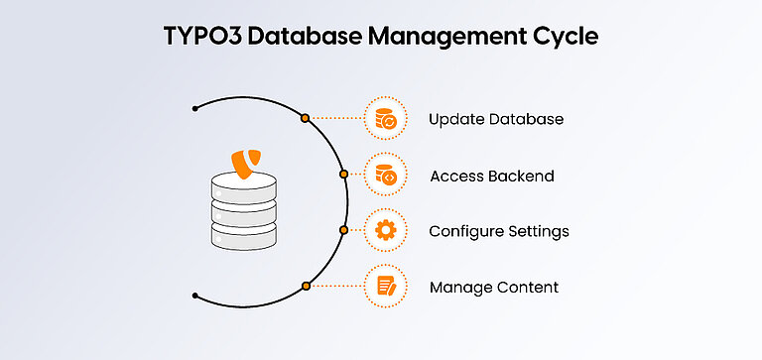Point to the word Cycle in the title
point(563,38)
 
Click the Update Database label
point(496,119)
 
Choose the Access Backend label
point(491,176)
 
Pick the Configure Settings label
point(498,231)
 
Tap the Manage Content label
point(493,288)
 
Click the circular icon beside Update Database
point(385,119)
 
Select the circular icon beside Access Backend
point(385,176)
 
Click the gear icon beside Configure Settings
point(385,231)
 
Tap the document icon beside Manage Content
point(385,288)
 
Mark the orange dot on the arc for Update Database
point(306,118)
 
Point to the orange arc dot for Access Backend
point(343,175)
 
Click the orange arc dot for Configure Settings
point(343,230)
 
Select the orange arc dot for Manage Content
point(306,287)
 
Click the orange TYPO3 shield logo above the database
point(248,163)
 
